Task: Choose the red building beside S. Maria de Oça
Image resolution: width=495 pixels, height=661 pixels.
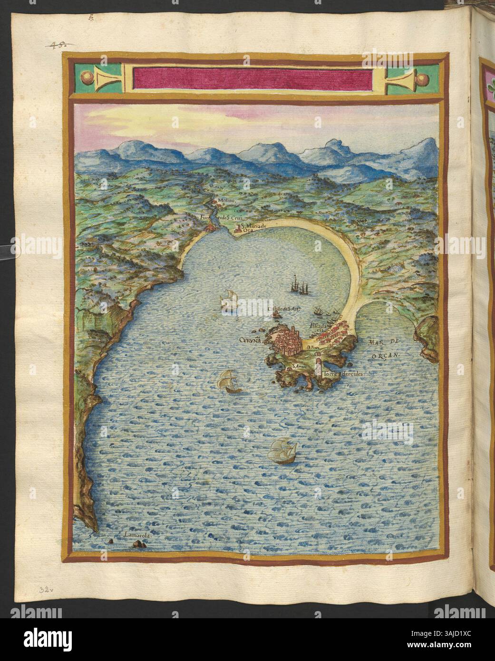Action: tap(237, 231)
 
